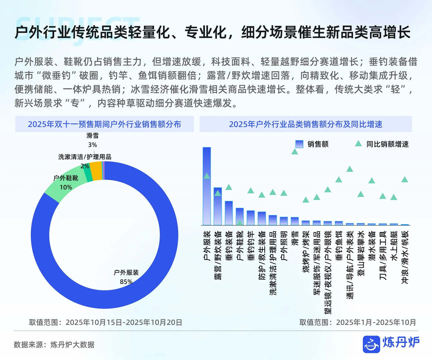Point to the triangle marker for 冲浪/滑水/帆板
coord(405,180)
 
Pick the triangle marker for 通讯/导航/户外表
coord(350,169)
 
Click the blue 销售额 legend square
coord(299,144)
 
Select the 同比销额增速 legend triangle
coord(358,144)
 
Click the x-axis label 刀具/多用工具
coord(383,255)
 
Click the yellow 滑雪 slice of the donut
coord(96,171)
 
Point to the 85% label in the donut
coord(126,282)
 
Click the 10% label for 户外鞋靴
coord(66,187)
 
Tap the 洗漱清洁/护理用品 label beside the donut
coord(85,157)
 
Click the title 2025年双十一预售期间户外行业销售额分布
coord(104,124)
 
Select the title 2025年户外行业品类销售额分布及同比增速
coord(305,124)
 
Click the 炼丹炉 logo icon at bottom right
coord(371,344)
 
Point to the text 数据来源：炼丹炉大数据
coord(54,345)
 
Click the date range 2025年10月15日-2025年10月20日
coord(124,322)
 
